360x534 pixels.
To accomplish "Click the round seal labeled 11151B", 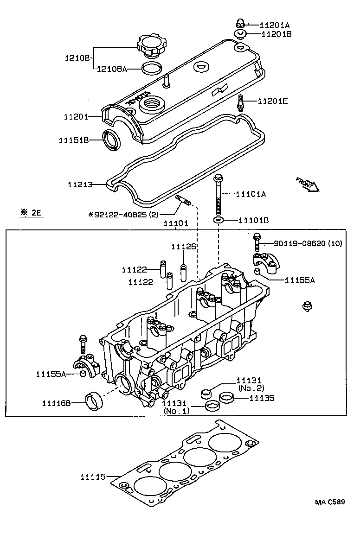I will (x=111, y=140).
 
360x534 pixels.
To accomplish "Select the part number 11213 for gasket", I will (x=80, y=184).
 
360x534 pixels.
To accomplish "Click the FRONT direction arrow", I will (x=307, y=184).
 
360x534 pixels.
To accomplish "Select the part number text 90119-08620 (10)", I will (x=308, y=243).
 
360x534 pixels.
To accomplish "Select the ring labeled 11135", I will (x=226, y=397).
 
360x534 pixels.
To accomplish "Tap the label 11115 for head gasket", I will (x=93, y=476).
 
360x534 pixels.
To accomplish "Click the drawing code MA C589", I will (x=330, y=502).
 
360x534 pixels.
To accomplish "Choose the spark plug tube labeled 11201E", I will (x=240, y=102).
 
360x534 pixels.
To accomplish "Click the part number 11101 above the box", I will (x=176, y=223).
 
